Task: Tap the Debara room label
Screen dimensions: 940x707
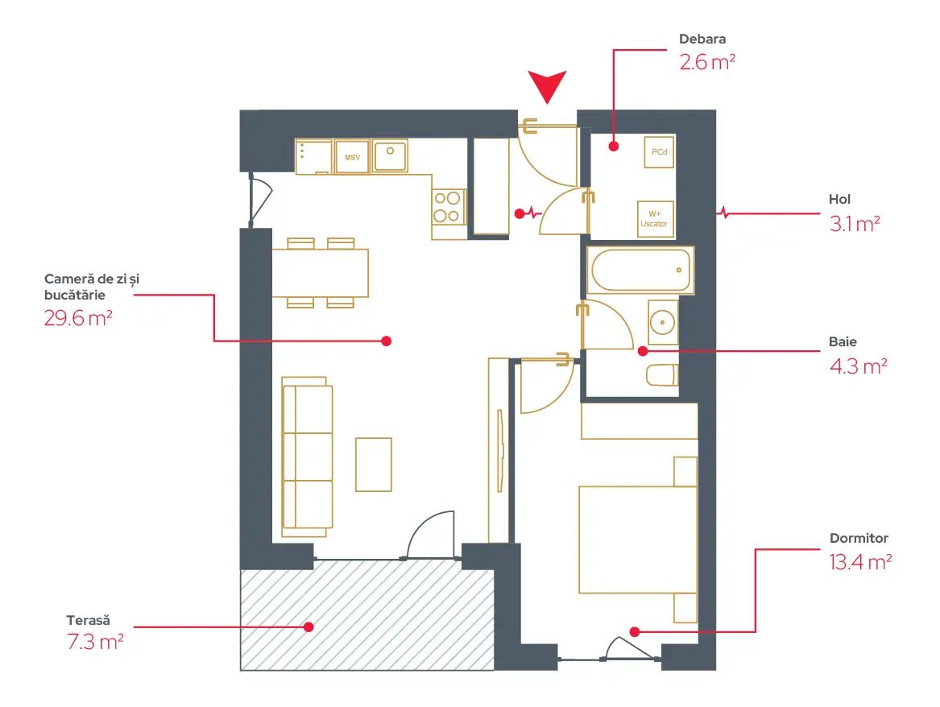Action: click(x=702, y=39)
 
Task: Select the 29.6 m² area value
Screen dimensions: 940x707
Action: click(x=78, y=318)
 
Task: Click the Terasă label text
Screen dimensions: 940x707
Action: click(x=88, y=620)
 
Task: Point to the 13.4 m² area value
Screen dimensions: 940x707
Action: click(x=860, y=562)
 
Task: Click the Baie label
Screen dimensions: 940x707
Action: click(x=843, y=341)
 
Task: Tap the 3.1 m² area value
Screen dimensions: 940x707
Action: click(x=855, y=224)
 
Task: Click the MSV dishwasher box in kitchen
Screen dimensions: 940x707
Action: click(x=352, y=157)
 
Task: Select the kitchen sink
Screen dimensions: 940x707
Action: click(x=390, y=155)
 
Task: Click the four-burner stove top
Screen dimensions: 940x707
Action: click(x=447, y=207)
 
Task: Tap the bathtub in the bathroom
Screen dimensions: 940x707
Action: click(x=641, y=271)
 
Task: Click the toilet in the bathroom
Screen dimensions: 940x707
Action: click(x=662, y=375)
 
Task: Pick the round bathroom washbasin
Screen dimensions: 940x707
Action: click(x=662, y=322)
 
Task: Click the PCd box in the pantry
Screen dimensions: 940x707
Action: click(x=659, y=152)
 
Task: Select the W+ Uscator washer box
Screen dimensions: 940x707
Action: click(x=654, y=219)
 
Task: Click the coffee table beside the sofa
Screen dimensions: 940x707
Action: click(x=374, y=465)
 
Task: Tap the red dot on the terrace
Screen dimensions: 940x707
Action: click(x=309, y=626)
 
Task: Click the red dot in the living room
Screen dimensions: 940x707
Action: click(x=387, y=341)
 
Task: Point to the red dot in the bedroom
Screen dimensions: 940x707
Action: click(x=635, y=631)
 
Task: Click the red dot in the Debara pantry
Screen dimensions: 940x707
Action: click(x=613, y=146)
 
